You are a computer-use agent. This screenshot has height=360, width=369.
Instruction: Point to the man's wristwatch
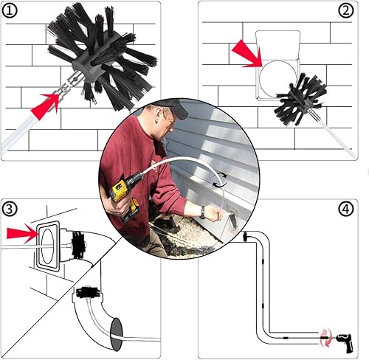(201, 212)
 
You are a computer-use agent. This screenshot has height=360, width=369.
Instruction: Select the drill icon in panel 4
(345, 341)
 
